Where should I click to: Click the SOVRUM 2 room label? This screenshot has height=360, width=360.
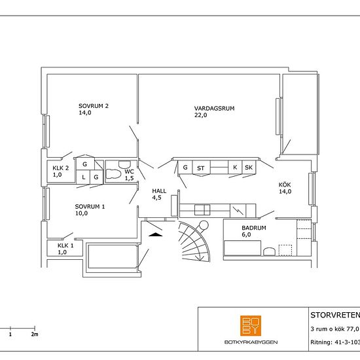click(x=94, y=106)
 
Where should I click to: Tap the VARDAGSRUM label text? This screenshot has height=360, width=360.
click(x=215, y=109)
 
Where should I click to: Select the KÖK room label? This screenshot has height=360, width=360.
click(x=285, y=185)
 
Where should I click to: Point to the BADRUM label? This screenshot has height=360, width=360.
click(x=254, y=228)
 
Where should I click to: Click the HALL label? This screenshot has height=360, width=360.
click(x=159, y=191)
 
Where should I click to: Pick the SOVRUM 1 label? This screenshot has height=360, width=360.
click(x=90, y=207)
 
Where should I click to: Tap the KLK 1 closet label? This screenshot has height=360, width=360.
click(x=65, y=245)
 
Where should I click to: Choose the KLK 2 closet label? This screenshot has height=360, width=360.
click(x=61, y=168)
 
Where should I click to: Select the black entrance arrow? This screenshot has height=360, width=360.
click(x=155, y=234)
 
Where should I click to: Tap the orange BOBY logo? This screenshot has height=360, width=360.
click(x=251, y=325)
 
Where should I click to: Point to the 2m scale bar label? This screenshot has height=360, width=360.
click(x=35, y=334)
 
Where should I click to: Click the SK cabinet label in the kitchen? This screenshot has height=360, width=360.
click(x=249, y=168)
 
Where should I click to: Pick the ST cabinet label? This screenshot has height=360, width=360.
click(x=201, y=168)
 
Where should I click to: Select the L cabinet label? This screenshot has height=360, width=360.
click(x=84, y=177)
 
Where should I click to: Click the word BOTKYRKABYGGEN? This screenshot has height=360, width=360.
click(x=251, y=342)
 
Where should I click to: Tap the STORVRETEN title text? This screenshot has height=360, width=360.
click(x=335, y=315)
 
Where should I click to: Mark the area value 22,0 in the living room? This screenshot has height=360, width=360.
click(x=201, y=115)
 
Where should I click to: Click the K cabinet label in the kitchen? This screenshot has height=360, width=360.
click(x=235, y=168)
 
